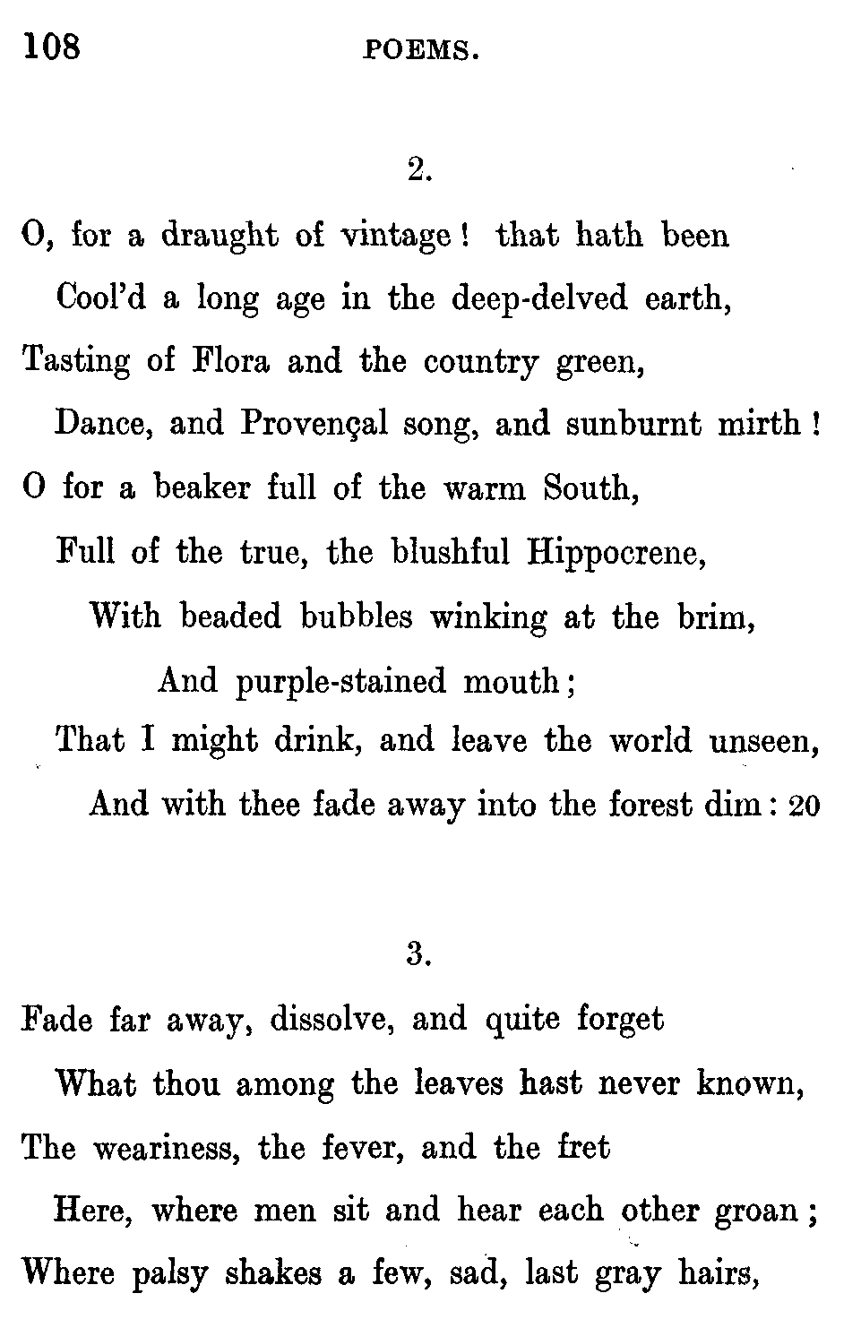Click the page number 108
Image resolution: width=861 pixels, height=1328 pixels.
pyautogui.click(x=53, y=46)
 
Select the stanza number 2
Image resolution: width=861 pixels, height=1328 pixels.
pyautogui.click(x=419, y=169)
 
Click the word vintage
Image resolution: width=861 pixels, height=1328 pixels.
pyautogui.click(x=397, y=237)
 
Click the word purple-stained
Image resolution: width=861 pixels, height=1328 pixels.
pyautogui.click(x=340, y=683)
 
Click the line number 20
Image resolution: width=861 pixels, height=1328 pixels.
pyautogui.click(x=803, y=807)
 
